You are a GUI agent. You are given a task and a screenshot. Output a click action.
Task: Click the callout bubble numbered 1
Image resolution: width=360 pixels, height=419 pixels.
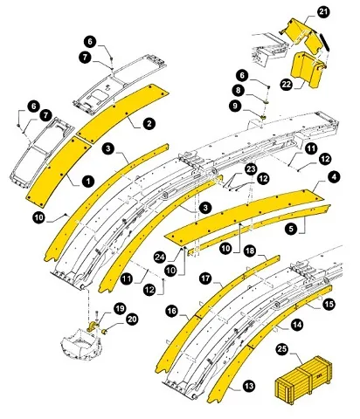coord(88,180)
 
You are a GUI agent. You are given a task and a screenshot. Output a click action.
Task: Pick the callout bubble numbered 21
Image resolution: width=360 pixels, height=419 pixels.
coord(323,11)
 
